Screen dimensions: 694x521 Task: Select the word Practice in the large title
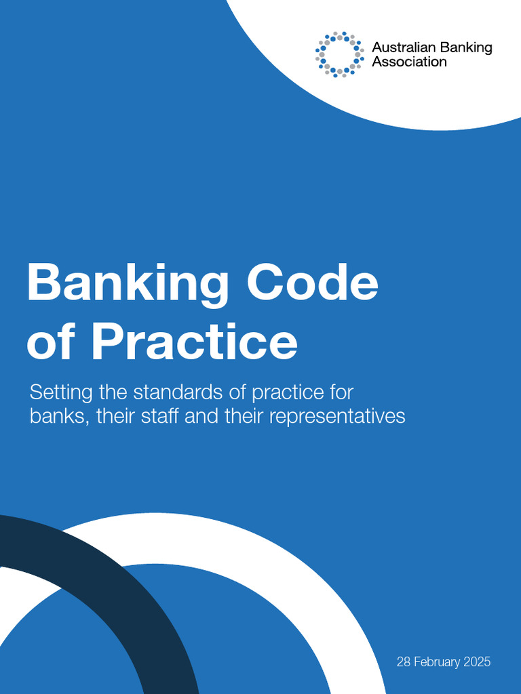(193, 342)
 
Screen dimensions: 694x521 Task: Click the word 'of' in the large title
(52, 342)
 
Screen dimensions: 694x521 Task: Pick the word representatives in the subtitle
(337, 416)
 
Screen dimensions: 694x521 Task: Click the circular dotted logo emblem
(339, 54)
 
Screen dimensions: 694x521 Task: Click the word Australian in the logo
(404, 47)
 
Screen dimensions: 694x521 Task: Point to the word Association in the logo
(409, 62)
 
